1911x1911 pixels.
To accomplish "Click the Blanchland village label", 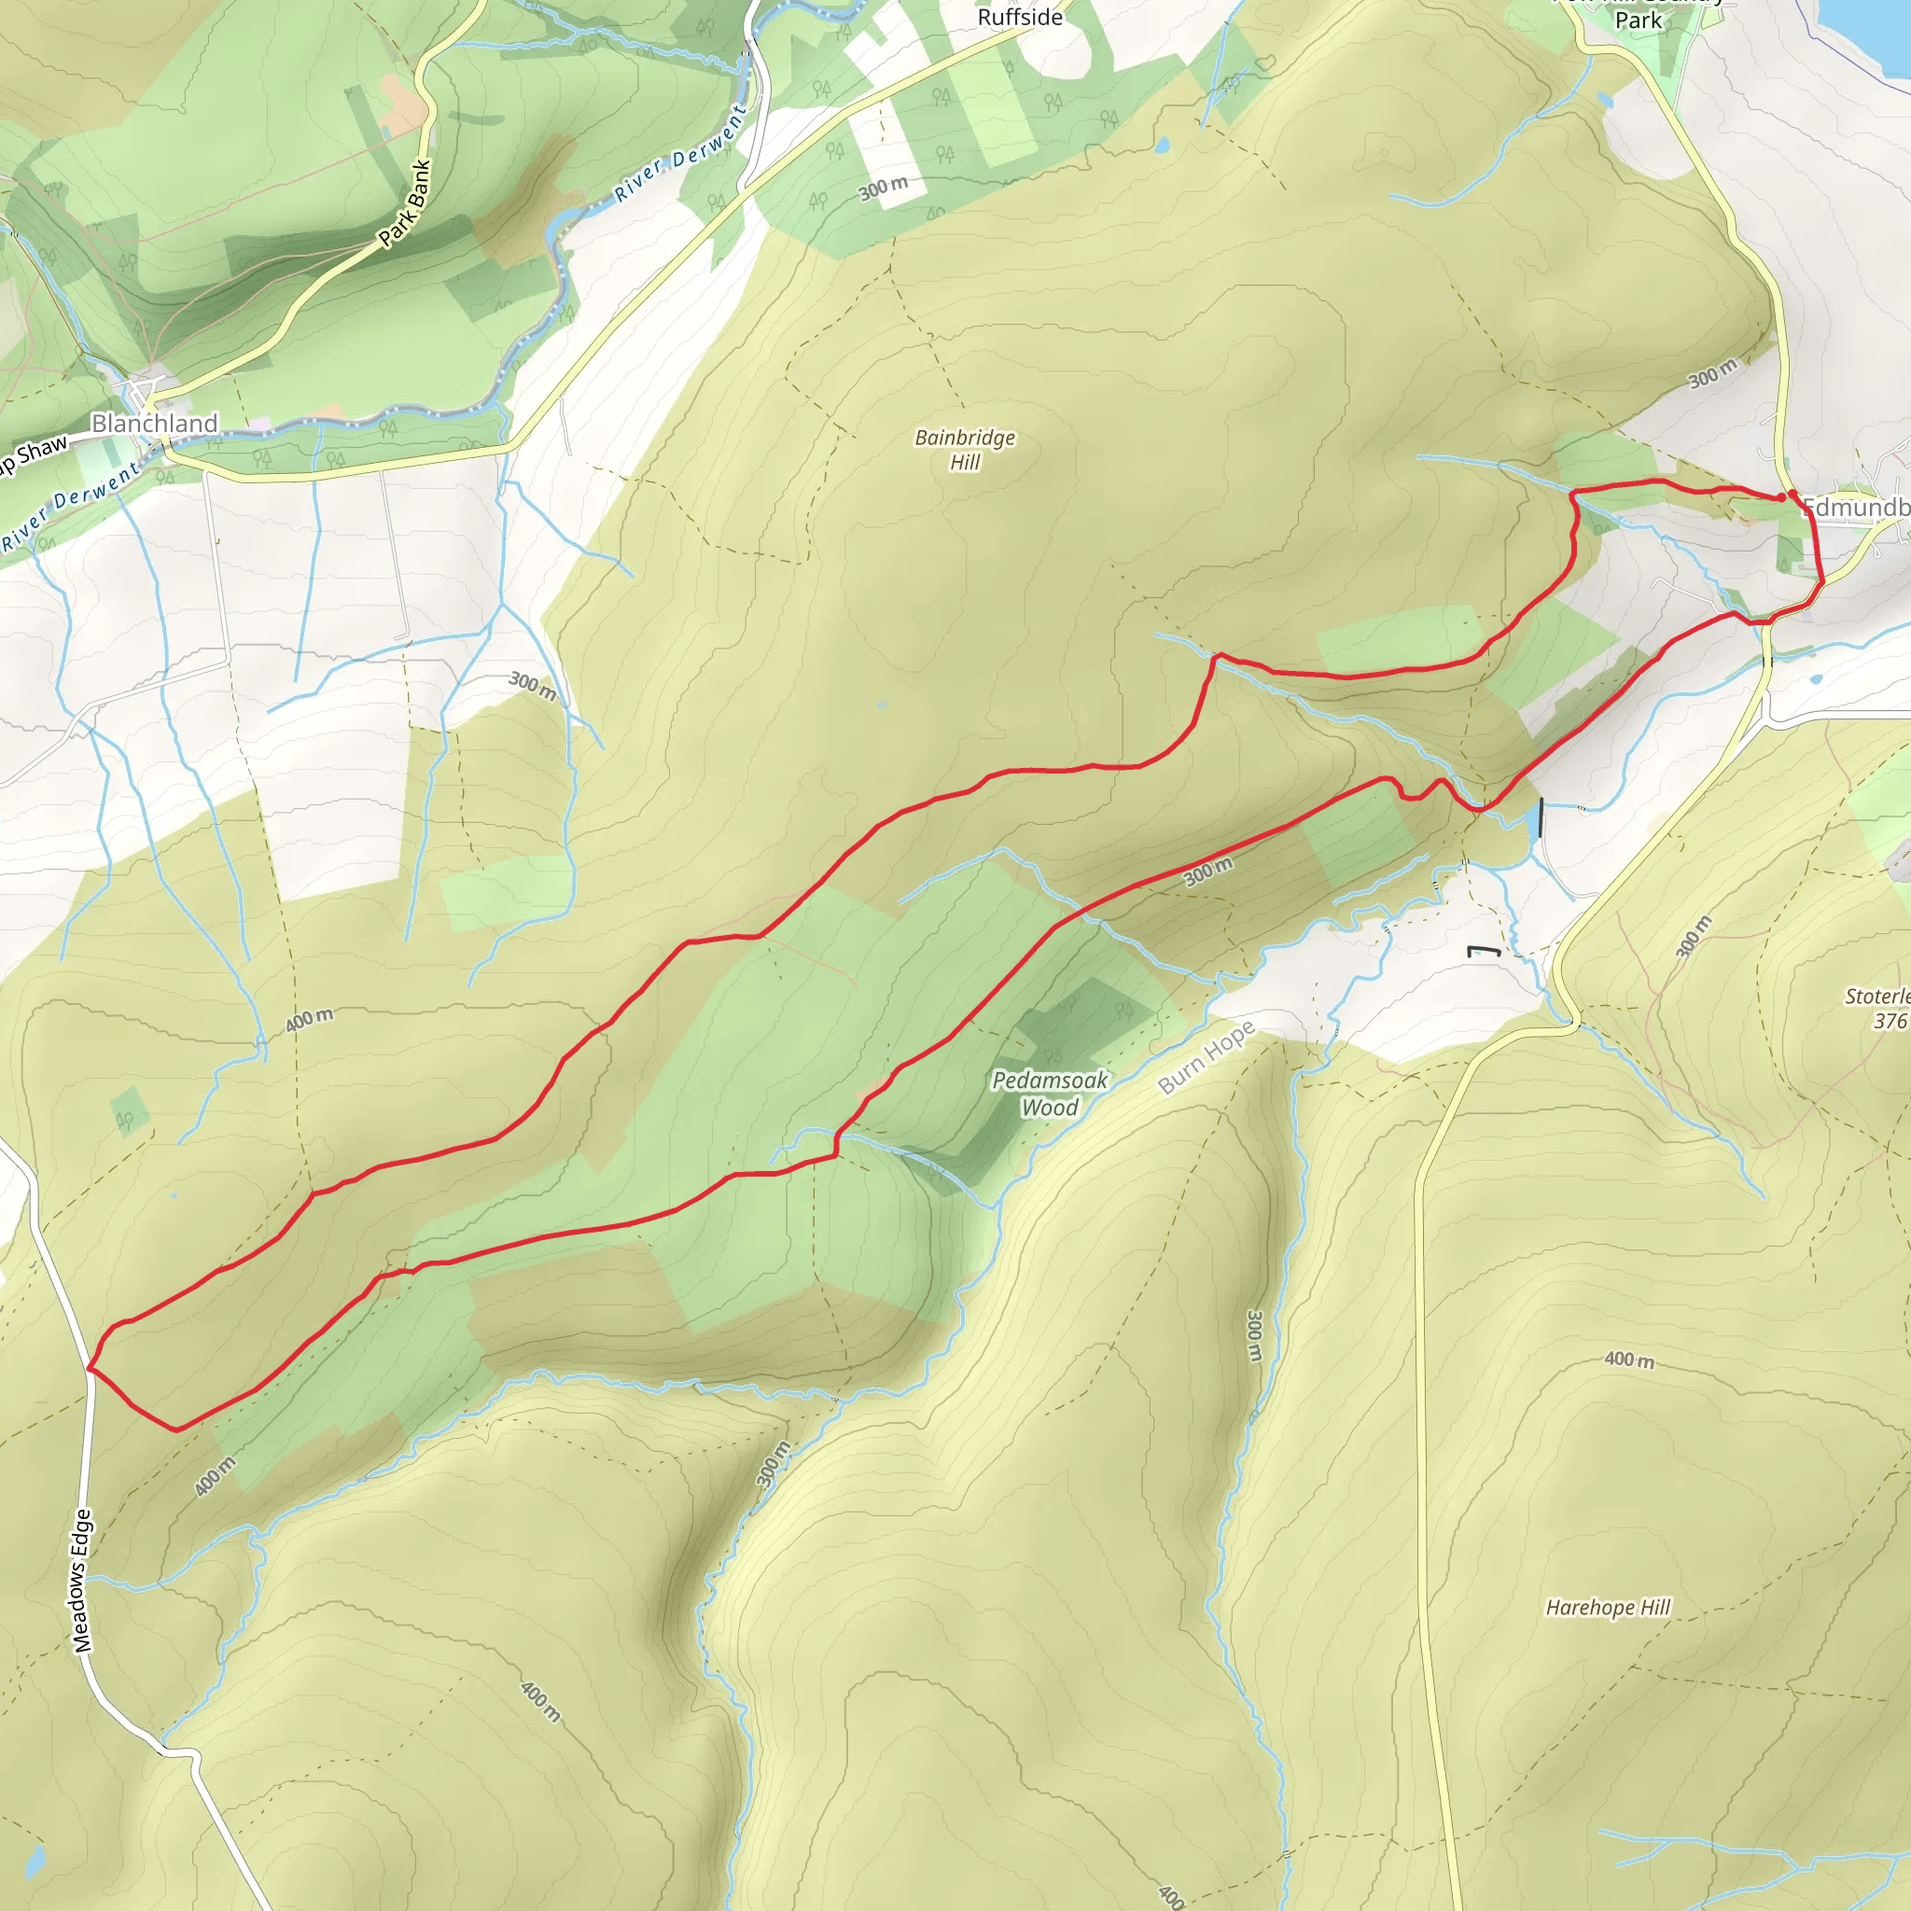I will click(154, 424).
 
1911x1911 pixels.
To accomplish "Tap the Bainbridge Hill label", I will click(965, 450).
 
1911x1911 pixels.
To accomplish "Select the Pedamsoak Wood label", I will click(1050, 1094).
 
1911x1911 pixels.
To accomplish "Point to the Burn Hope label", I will click(1206, 1057).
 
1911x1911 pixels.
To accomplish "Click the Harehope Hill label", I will click(1608, 1608).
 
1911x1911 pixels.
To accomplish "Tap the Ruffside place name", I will click(1020, 18).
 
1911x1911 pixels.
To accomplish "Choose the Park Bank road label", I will click(406, 203).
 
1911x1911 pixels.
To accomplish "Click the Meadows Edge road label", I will click(82, 1580).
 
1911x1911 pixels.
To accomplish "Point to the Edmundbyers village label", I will click(1856, 509).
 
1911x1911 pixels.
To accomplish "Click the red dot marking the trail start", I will click(1792, 494).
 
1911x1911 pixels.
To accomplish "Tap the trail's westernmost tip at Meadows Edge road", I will click(90, 1368).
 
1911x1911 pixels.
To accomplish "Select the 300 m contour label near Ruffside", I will click(883, 187).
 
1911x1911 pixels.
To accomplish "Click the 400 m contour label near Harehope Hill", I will click(1628, 1360).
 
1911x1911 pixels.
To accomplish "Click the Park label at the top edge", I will click(1638, 20).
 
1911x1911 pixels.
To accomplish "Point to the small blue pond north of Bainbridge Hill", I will click(1161, 146).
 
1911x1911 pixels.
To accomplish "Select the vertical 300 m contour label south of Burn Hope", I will click(1254, 1335).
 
